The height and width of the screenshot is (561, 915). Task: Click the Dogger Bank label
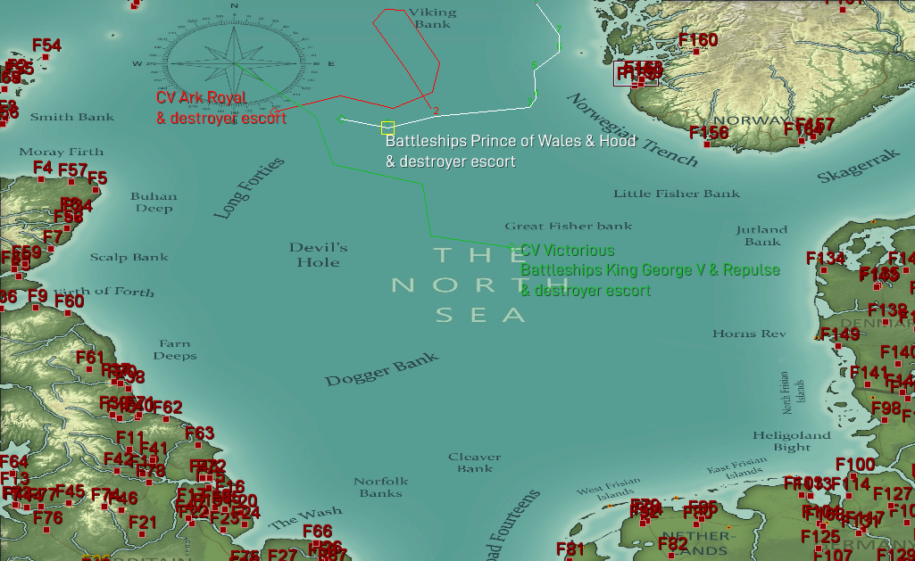381,369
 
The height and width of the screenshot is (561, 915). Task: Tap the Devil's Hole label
319,254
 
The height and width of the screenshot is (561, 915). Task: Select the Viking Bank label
432,19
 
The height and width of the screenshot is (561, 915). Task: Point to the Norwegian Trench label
632,130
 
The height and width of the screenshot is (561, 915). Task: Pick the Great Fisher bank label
568,227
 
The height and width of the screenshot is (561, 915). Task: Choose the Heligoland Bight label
792,441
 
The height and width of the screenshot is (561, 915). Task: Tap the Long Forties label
249,188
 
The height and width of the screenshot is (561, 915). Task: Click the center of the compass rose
234,63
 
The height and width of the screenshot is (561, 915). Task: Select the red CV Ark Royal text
202,98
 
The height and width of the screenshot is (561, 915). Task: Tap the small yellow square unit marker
387,128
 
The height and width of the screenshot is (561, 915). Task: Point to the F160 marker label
698,40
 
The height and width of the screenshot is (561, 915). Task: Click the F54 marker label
46,45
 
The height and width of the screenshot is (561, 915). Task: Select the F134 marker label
826,259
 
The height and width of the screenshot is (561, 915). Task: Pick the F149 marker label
840,334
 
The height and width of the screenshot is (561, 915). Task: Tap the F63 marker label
199,434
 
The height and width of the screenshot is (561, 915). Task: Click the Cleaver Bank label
475,462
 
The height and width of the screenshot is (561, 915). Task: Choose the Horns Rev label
749,334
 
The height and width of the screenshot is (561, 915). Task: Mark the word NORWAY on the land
739,120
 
